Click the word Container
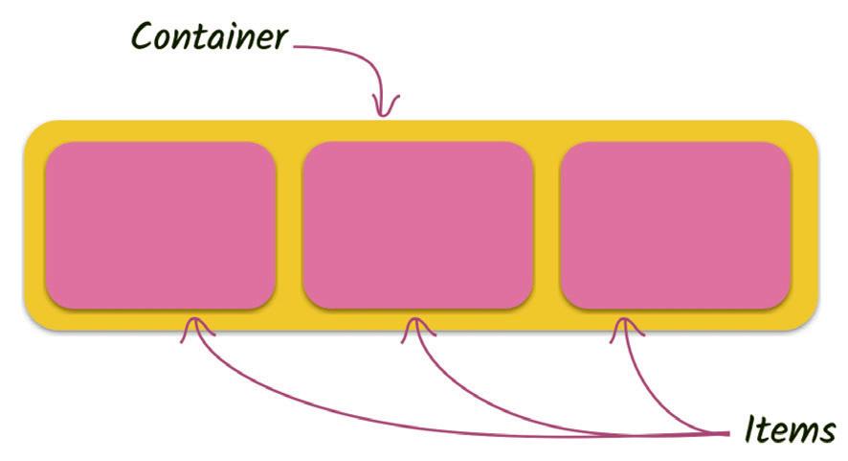(x=209, y=36)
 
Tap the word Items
(x=790, y=429)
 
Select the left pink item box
(x=160, y=225)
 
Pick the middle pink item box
(x=417, y=225)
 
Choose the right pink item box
(x=675, y=225)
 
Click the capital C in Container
(x=144, y=37)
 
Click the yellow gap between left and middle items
(x=289, y=225)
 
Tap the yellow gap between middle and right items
(x=547, y=225)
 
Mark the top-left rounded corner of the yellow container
(x=34, y=131)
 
